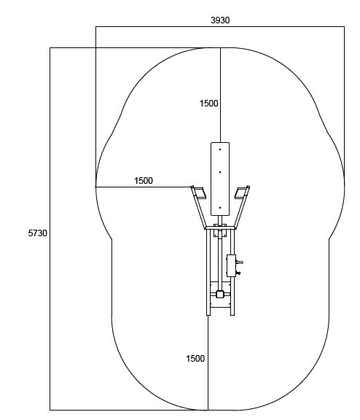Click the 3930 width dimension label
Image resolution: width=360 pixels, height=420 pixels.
220,20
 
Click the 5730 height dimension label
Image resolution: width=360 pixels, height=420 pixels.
37,233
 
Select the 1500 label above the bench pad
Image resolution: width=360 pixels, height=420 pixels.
208,104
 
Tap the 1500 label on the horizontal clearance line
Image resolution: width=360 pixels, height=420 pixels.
144,181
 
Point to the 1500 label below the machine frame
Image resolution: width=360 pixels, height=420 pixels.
195,359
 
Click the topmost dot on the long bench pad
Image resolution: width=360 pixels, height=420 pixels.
220,149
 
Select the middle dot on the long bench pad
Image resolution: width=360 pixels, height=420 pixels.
220,172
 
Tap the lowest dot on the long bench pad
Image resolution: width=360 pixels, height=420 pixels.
220,208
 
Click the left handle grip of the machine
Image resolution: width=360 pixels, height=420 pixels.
200,193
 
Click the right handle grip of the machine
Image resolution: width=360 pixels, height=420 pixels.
241,193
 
